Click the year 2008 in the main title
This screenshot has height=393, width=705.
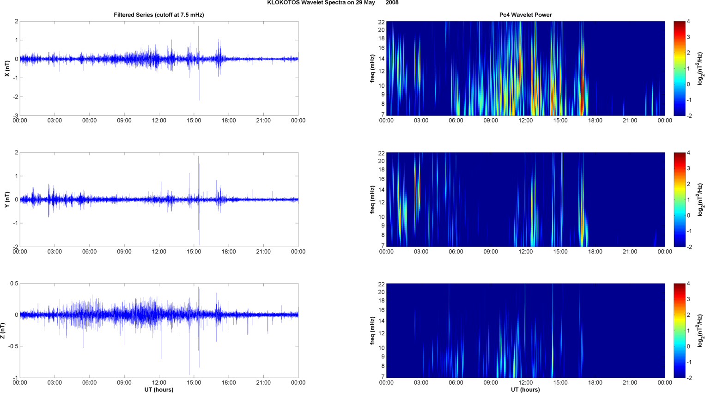pyautogui.click(x=392, y=3)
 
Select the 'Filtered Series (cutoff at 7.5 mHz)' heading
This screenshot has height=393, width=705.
pyautogui.click(x=159, y=15)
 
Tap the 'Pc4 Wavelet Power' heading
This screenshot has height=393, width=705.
pyautogui.click(x=525, y=15)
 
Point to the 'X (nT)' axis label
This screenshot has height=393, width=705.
pyautogui.click(x=7, y=68)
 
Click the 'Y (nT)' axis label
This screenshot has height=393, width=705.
pyautogui.click(x=7, y=200)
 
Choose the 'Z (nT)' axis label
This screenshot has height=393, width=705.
pyautogui.click(x=3, y=331)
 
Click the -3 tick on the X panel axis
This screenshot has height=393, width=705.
pyautogui.click(x=16, y=115)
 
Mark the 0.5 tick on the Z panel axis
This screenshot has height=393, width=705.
pyautogui.click(x=14, y=284)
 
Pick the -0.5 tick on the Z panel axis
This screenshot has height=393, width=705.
pyautogui.click(x=13, y=346)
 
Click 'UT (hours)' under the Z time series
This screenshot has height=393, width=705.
pyautogui.click(x=159, y=390)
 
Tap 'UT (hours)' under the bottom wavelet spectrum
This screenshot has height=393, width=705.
pyautogui.click(x=525, y=390)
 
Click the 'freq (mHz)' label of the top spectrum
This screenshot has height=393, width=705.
pyautogui.click(x=372, y=68)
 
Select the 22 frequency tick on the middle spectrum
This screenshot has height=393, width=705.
pyautogui.click(x=381, y=153)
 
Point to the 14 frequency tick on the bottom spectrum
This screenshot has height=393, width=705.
pyautogui.click(x=381, y=321)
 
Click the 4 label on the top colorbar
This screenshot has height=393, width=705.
pyautogui.click(x=688, y=21)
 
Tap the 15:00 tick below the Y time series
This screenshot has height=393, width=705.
pyautogui.click(x=194, y=252)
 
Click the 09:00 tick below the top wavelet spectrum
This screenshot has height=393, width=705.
pyautogui.click(x=491, y=121)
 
